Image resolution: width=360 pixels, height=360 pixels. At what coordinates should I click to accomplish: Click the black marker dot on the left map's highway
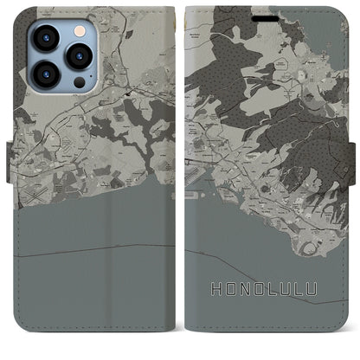128,93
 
